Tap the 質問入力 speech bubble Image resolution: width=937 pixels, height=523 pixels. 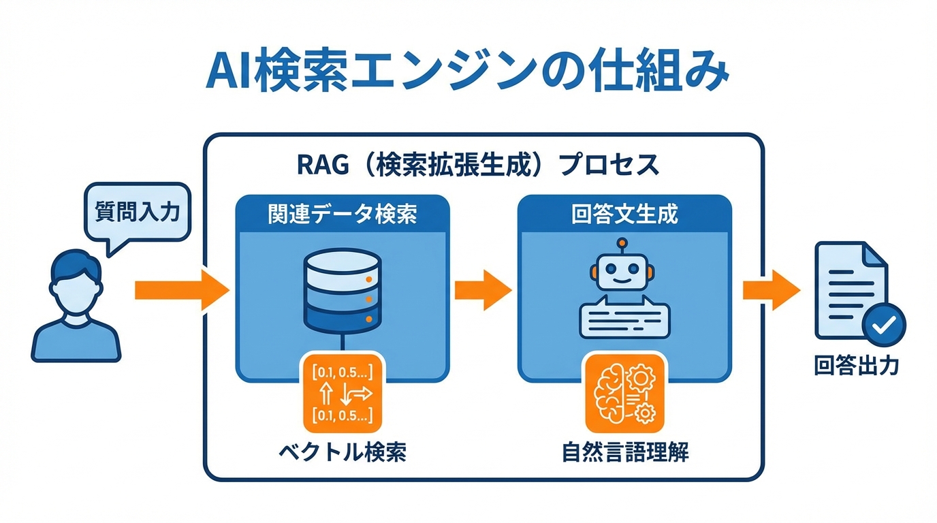click(x=137, y=212)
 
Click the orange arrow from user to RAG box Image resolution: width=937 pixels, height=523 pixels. click(x=181, y=289)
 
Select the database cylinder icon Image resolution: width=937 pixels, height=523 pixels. click(x=340, y=289)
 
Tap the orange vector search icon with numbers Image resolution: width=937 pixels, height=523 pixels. click(x=340, y=394)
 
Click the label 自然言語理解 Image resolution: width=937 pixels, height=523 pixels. click(x=625, y=452)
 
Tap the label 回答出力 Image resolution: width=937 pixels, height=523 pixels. click(x=857, y=366)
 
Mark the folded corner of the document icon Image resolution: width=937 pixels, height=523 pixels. click(x=874, y=254)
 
